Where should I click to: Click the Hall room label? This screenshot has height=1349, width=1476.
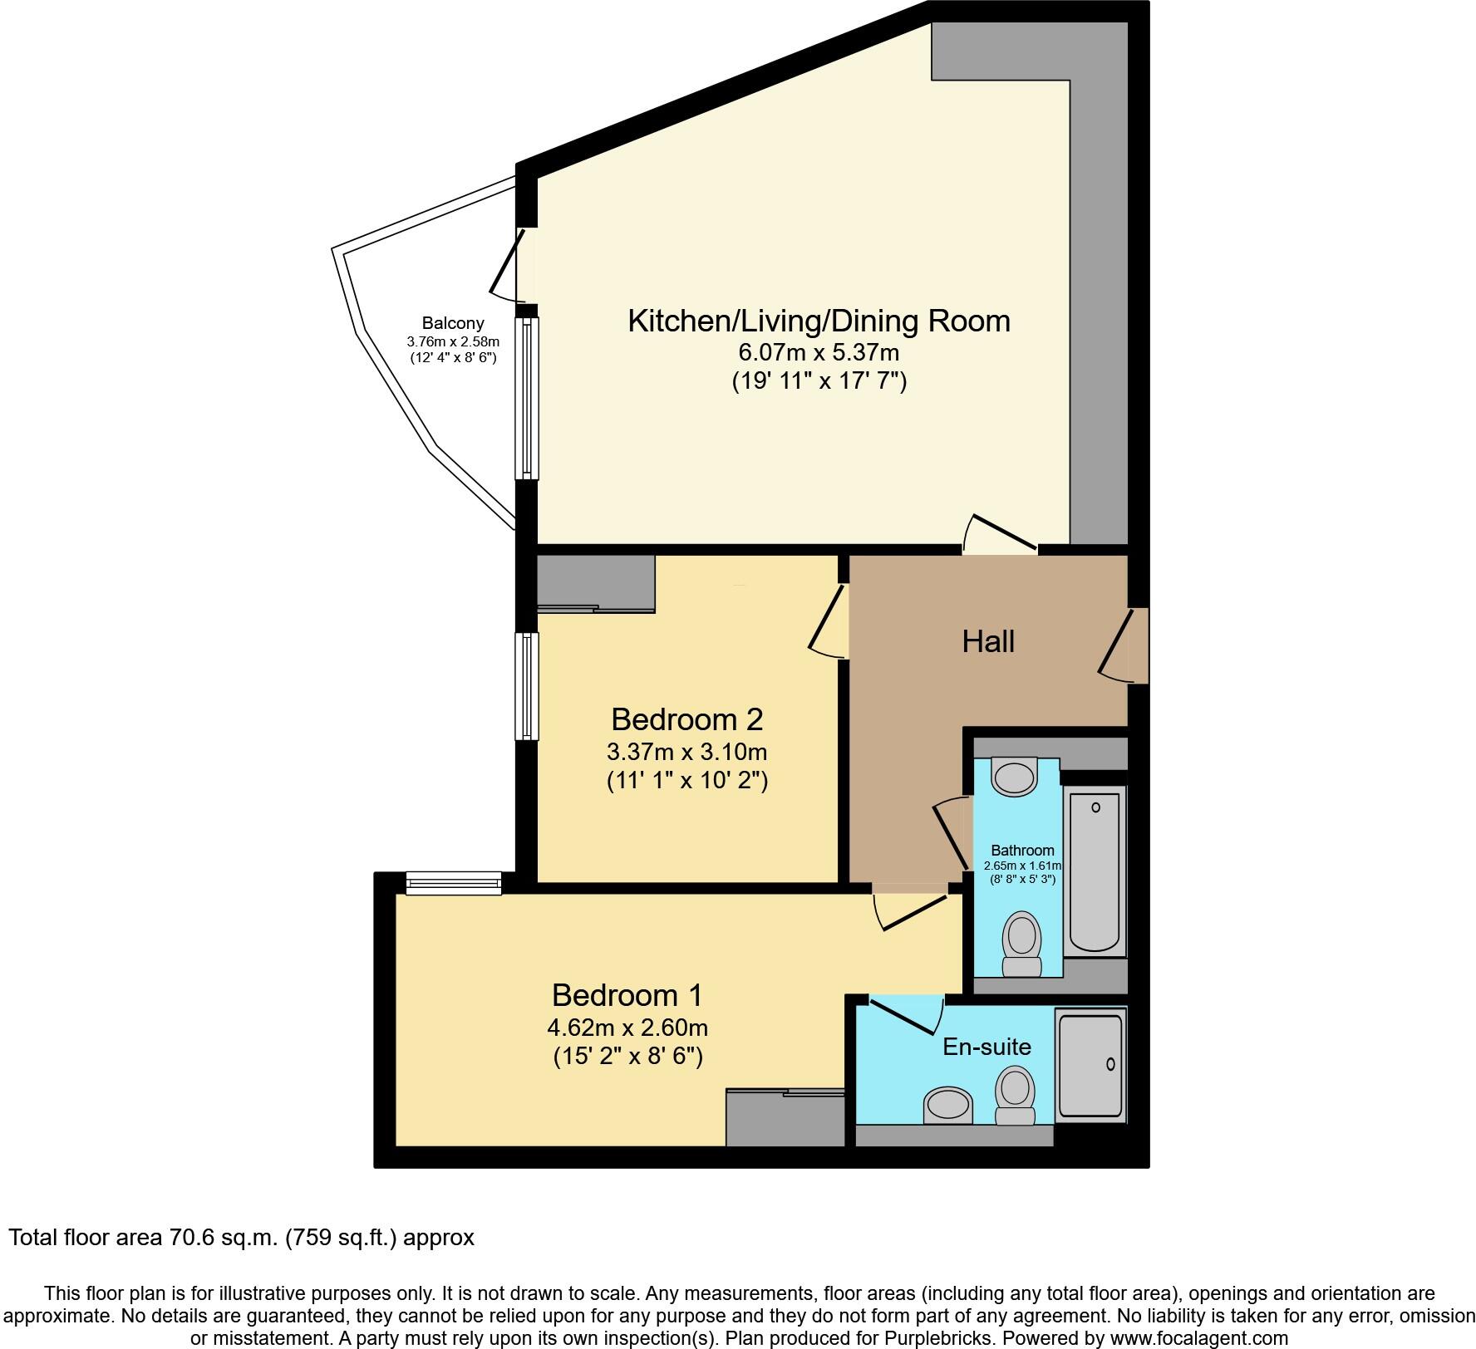coord(988,641)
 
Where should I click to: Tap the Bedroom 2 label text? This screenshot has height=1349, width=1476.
coord(686,719)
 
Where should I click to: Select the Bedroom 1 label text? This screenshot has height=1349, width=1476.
coord(627,994)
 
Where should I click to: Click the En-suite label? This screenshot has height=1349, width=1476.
coord(986,1047)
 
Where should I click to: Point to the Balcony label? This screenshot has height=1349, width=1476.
coord(452,324)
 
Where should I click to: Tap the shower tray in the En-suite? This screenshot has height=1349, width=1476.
coord(1090,1064)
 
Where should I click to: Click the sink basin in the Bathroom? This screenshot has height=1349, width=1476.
coord(1015,776)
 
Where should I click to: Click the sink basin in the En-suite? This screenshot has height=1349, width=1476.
coord(947,1106)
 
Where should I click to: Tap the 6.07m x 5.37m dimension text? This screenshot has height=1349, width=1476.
coord(819,352)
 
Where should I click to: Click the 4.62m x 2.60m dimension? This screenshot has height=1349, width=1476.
coord(627,1028)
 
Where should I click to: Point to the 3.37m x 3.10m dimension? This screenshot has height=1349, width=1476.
coord(686,752)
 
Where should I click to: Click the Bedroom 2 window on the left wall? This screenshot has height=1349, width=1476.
coord(526,686)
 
